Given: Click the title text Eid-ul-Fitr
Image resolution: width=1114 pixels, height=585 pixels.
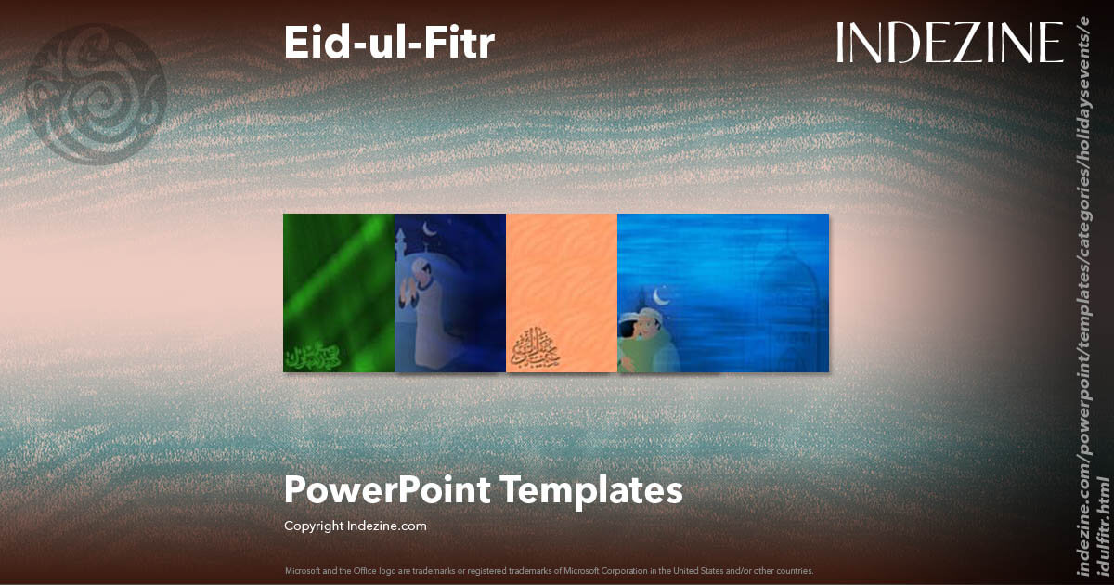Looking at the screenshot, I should (x=389, y=44).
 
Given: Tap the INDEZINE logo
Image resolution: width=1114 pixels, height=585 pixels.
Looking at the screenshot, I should (x=949, y=44).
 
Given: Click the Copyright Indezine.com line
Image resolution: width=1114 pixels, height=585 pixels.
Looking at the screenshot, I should (x=356, y=526).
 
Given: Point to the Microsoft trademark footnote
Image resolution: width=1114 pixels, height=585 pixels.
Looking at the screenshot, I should (x=549, y=571).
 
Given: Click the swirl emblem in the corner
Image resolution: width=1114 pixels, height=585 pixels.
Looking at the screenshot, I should (x=97, y=94).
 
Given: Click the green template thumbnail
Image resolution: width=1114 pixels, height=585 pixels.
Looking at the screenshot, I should (x=338, y=292).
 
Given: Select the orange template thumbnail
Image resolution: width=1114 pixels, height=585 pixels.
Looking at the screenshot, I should (x=561, y=292).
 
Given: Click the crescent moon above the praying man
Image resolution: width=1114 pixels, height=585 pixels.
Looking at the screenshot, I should (x=428, y=229).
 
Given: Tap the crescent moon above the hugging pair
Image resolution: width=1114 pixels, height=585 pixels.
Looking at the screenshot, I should (x=662, y=296).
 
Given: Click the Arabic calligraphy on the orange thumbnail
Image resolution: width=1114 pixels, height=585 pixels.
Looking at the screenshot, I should (x=534, y=348).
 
